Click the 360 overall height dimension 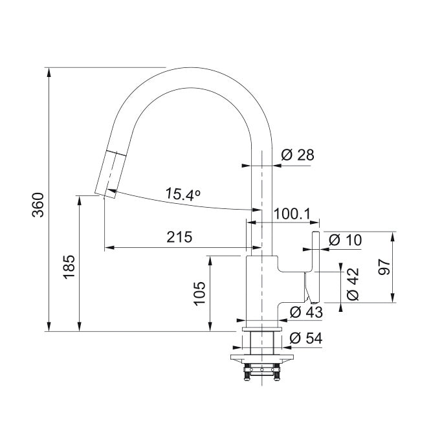[x=38, y=205]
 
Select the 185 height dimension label [x=69, y=267]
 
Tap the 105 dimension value [x=199, y=293]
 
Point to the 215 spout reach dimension [x=179, y=237]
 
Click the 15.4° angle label [x=182, y=195]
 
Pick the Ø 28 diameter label [x=298, y=155]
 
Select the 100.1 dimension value [x=292, y=214]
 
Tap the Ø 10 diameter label [x=345, y=240]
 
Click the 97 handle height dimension [x=384, y=267]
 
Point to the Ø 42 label [x=353, y=284]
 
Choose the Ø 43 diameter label [x=306, y=312]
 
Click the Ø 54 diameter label [x=305, y=338]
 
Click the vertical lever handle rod [x=315, y=267]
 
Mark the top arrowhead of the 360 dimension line [x=49, y=72]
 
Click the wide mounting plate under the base [x=262, y=357]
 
